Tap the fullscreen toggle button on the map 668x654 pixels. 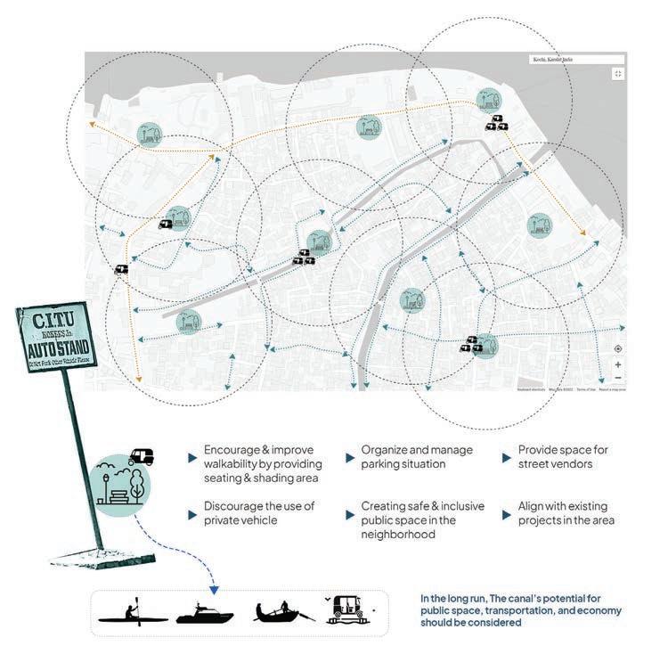(x=617, y=73)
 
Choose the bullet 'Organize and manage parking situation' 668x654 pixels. (x=417, y=457)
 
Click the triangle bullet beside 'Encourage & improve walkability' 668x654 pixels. (x=191, y=458)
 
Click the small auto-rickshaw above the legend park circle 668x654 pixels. (x=141, y=456)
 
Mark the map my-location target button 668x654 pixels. (x=617, y=349)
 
